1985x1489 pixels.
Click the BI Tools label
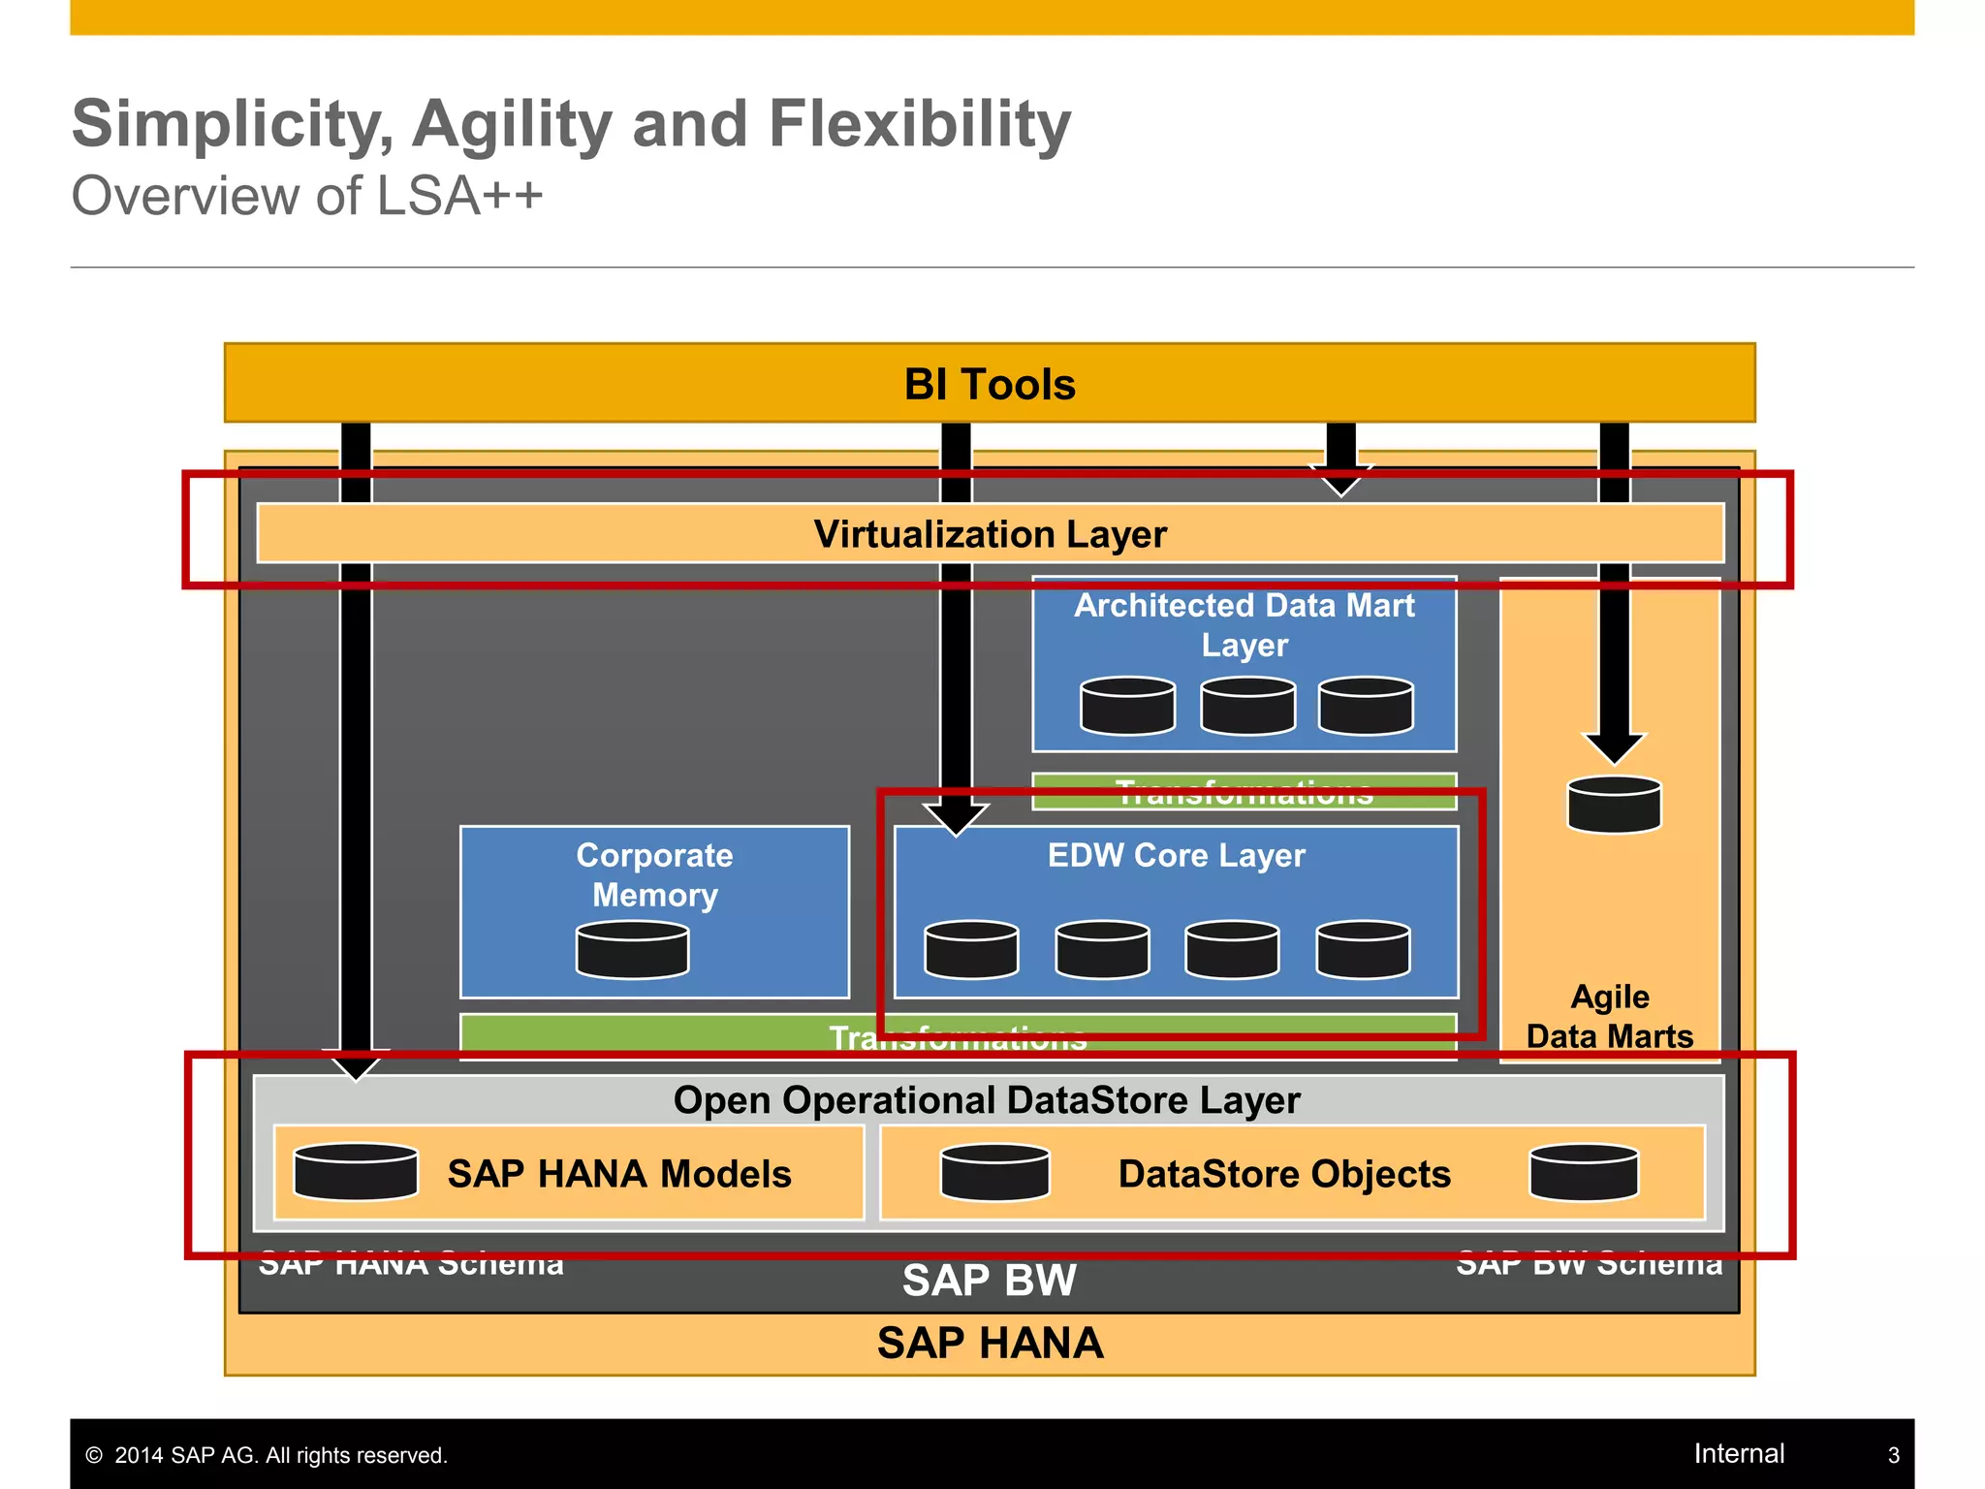click(x=990, y=385)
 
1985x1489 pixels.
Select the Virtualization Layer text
click(x=990, y=534)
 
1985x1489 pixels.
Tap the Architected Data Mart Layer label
click(x=1244, y=624)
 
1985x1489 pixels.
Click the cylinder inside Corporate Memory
click(x=632, y=950)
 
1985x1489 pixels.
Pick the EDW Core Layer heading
click(x=1176, y=855)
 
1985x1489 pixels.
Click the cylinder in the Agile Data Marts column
click(x=1614, y=805)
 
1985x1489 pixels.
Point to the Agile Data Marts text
click(x=1609, y=1016)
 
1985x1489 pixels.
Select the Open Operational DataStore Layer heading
click(x=987, y=1100)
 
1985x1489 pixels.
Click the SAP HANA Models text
click(x=619, y=1174)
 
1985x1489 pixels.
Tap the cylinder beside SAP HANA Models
click(x=356, y=1172)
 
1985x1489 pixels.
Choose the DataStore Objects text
click(x=1284, y=1174)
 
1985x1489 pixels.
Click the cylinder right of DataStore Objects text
click(x=1584, y=1172)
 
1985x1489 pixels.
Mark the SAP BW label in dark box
click(x=989, y=1281)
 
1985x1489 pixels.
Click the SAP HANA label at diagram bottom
click(x=990, y=1344)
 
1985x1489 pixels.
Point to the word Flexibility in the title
click(x=920, y=124)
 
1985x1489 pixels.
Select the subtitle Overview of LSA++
click(x=307, y=196)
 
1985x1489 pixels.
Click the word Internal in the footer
click(x=1739, y=1453)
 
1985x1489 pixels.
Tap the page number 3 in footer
click(x=1893, y=1455)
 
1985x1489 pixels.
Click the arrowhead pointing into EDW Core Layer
click(x=956, y=818)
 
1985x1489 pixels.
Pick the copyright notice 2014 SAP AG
click(x=267, y=1455)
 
